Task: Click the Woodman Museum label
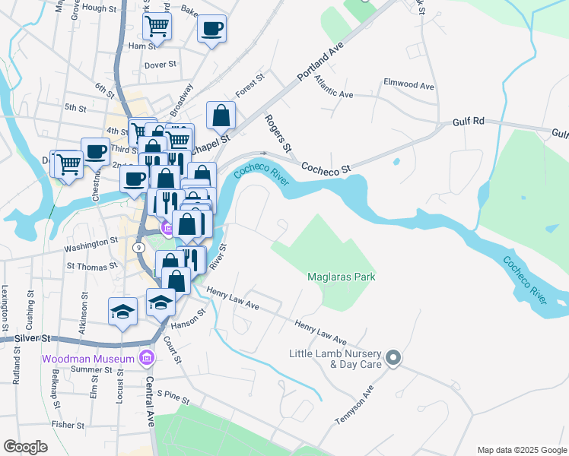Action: (x=90, y=358)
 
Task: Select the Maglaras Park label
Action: (x=342, y=277)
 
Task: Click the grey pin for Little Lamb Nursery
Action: (x=393, y=356)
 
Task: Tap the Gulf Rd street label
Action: (x=468, y=121)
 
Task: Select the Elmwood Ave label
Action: (x=408, y=83)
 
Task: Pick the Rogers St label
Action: (x=278, y=131)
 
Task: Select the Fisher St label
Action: (x=68, y=425)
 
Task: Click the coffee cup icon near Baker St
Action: (x=212, y=29)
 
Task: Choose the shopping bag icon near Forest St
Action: (x=221, y=116)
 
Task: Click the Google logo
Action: (x=25, y=447)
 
